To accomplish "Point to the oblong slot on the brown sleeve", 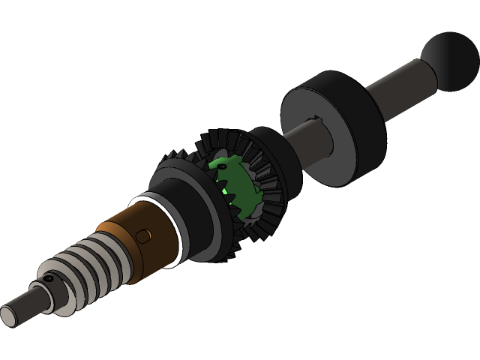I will tap(143, 237).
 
